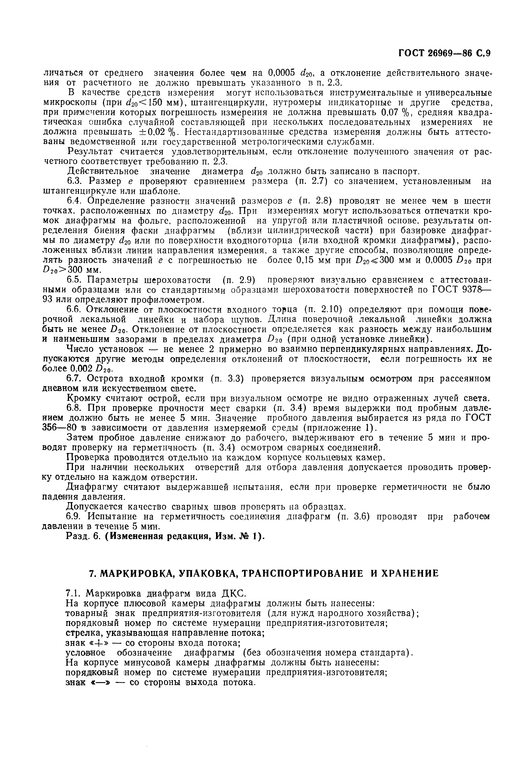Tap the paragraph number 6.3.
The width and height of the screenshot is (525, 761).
tap(75, 182)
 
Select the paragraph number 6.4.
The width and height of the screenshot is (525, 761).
tap(75, 201)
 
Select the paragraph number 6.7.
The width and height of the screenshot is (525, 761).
tap(75, 379)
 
